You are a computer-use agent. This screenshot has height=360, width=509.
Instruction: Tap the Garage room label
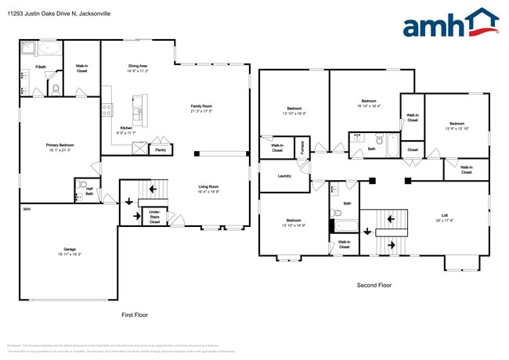pos(69,251)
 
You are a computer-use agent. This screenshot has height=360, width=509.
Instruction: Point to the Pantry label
pos(161,149)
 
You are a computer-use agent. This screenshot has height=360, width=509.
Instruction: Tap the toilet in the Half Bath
pos(81,186)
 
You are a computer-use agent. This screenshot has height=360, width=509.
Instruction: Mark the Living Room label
pos(208,187)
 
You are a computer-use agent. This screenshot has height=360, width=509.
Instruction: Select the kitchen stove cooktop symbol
pos(106,110)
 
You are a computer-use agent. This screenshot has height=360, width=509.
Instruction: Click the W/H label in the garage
pos(27,209)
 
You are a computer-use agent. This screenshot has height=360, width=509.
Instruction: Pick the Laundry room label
pos(284,175)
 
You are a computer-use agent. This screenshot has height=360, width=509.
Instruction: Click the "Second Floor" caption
pos(374,286)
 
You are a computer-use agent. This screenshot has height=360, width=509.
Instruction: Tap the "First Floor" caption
pos(134,315)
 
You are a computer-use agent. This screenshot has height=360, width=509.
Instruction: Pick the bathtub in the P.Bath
pos(29,49)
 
